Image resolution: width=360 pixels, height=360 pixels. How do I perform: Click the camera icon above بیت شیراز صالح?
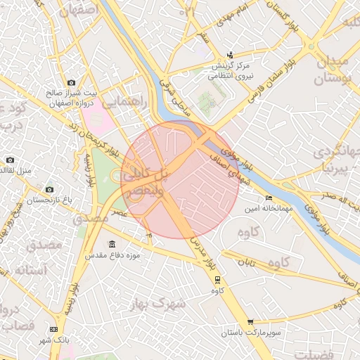pyautogui.click(x=71, y=83)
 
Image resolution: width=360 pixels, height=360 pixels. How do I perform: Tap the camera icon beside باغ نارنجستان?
pyautogui.click(x=49, y=189)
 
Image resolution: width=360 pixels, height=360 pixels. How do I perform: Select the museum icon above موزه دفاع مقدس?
pyautogui.click(x=113, y=244)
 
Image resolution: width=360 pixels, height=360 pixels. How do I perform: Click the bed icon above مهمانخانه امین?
pyautogui.click(x=268, y=198)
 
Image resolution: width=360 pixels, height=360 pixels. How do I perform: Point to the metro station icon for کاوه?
pyautogui.click(x=217, y=279)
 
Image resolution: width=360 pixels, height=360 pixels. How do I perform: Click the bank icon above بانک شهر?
pyautogui.click(x=54, y=329)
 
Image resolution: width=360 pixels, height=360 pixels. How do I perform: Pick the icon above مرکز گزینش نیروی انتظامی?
pyautogui.click(x=231, y=56)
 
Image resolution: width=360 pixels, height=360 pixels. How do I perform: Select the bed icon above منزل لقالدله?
pyautogui.click(x=10, y=160)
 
